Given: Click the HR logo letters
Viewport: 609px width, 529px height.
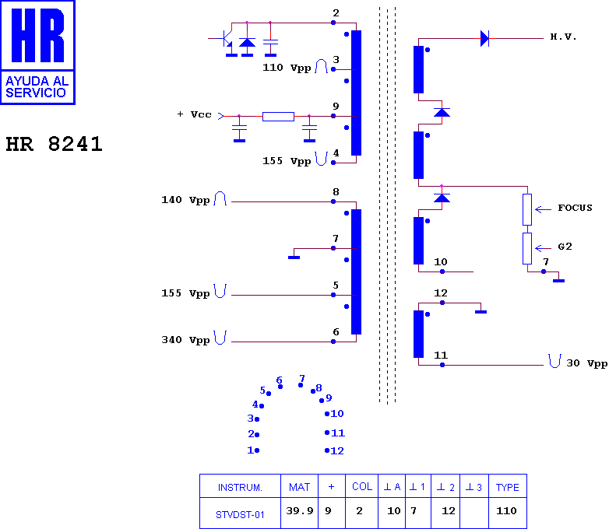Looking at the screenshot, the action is pos(37,35).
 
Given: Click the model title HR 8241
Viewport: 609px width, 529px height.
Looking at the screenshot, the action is pos(54,144).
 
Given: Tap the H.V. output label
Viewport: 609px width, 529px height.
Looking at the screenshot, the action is pos(563,37).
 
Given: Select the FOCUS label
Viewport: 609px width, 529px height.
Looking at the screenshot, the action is pos(575,208).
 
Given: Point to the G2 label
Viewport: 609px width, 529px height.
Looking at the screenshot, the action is pos(565,247).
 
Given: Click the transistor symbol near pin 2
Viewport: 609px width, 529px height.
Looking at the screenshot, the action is pos(227,40).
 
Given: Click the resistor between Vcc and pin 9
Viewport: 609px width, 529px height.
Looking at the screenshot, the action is pos(278,116).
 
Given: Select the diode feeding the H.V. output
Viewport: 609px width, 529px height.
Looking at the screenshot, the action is pos(484,38).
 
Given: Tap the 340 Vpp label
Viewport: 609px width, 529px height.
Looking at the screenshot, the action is pos(185,340).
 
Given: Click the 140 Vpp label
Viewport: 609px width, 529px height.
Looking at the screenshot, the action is pos(185,200).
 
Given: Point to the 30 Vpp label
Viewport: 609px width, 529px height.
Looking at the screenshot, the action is pos(587,363).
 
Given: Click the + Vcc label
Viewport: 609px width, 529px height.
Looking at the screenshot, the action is pos(194,114).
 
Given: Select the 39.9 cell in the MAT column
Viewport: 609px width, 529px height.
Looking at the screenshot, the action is pos(300,511).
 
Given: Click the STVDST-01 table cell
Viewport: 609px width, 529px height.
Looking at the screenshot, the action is pos(240,515).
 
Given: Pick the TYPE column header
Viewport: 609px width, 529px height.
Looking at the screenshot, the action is pos(507,487).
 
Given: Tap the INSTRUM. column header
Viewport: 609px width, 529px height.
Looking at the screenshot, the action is pos(240,488).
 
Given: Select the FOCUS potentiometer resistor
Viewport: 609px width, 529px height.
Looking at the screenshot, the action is pos(527,209).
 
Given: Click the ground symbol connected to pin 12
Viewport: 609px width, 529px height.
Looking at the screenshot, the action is pos(481,312).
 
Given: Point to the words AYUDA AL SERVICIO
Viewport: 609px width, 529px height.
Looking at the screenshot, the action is pos(37,87).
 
